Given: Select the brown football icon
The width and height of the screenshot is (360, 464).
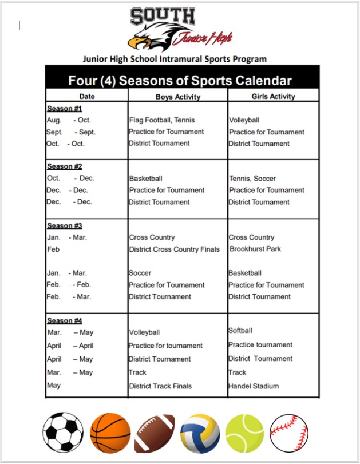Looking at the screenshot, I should point(155,433).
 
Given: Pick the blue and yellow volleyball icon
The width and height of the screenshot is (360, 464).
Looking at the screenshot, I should point(200,433).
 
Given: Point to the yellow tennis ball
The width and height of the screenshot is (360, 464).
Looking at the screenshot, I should point(244,433).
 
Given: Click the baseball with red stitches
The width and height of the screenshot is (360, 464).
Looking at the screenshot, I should point(289,433).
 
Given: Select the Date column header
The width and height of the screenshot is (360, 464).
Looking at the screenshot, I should point(87,97).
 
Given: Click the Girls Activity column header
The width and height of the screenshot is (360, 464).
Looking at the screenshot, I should point(273,97).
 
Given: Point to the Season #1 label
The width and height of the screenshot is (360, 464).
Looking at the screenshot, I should point(64,109).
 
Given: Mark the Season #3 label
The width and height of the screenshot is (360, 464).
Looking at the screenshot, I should point(64,226).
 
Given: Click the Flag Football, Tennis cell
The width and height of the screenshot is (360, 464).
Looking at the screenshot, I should point(162,120).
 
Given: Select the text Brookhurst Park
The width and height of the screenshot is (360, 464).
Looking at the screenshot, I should point(255,249).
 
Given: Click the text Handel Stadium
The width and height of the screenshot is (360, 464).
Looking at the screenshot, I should point(254,386).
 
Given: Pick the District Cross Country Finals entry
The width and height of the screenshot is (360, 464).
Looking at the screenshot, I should point(174,249).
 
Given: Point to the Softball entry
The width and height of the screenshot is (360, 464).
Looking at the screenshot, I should point(240,331).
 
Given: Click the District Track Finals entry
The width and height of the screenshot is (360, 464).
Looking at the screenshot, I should point(160,386).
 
